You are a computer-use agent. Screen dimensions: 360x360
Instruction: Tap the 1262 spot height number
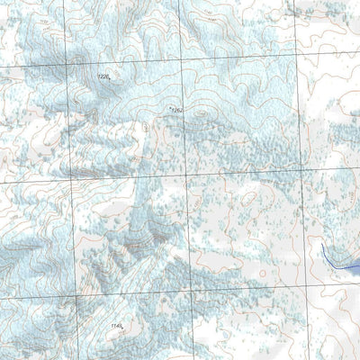pyautogui.click(x=176, y=111)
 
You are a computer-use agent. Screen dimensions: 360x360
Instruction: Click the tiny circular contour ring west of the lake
pyautogui.click(x=262, y=272)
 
